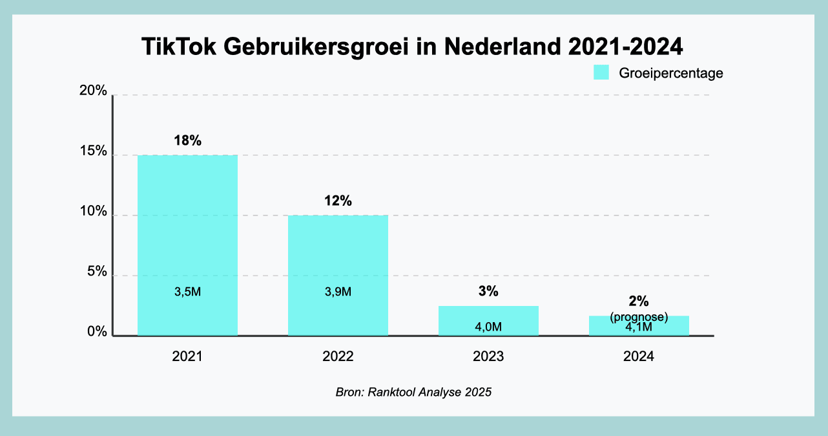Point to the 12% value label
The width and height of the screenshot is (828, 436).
338,201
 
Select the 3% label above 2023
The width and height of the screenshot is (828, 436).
488,292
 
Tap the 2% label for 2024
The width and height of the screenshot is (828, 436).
639,301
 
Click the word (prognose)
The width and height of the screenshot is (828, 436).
639,317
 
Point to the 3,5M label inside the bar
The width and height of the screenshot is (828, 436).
187,292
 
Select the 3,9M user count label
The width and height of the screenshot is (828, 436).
338,292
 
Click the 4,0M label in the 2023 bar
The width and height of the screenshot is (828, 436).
488,327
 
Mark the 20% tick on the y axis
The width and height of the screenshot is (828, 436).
93,91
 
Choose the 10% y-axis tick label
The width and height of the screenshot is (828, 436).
93,212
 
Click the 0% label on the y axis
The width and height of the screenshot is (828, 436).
96,332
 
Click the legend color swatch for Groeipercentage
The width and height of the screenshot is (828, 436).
601,72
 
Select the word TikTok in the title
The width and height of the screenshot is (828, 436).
178,49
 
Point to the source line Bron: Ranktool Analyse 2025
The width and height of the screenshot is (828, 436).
413,392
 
